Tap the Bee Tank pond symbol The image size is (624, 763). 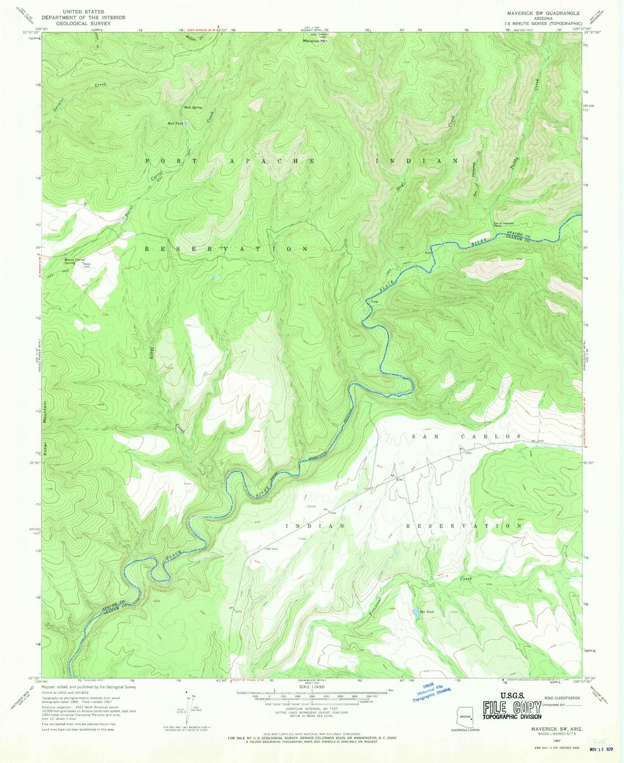coord(414,612)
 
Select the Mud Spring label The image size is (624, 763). coord(193,107)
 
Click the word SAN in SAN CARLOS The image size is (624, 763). coord(420,437)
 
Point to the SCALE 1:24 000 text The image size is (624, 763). coord(311,687)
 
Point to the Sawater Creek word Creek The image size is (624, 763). coord(100,84)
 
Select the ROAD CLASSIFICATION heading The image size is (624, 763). coord(562,698)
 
